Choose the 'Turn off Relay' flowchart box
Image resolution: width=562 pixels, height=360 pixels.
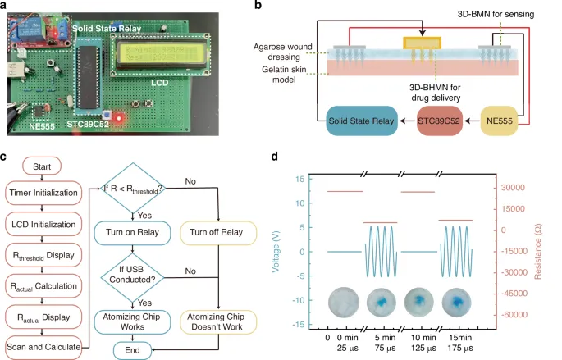(x=218, y=232)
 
